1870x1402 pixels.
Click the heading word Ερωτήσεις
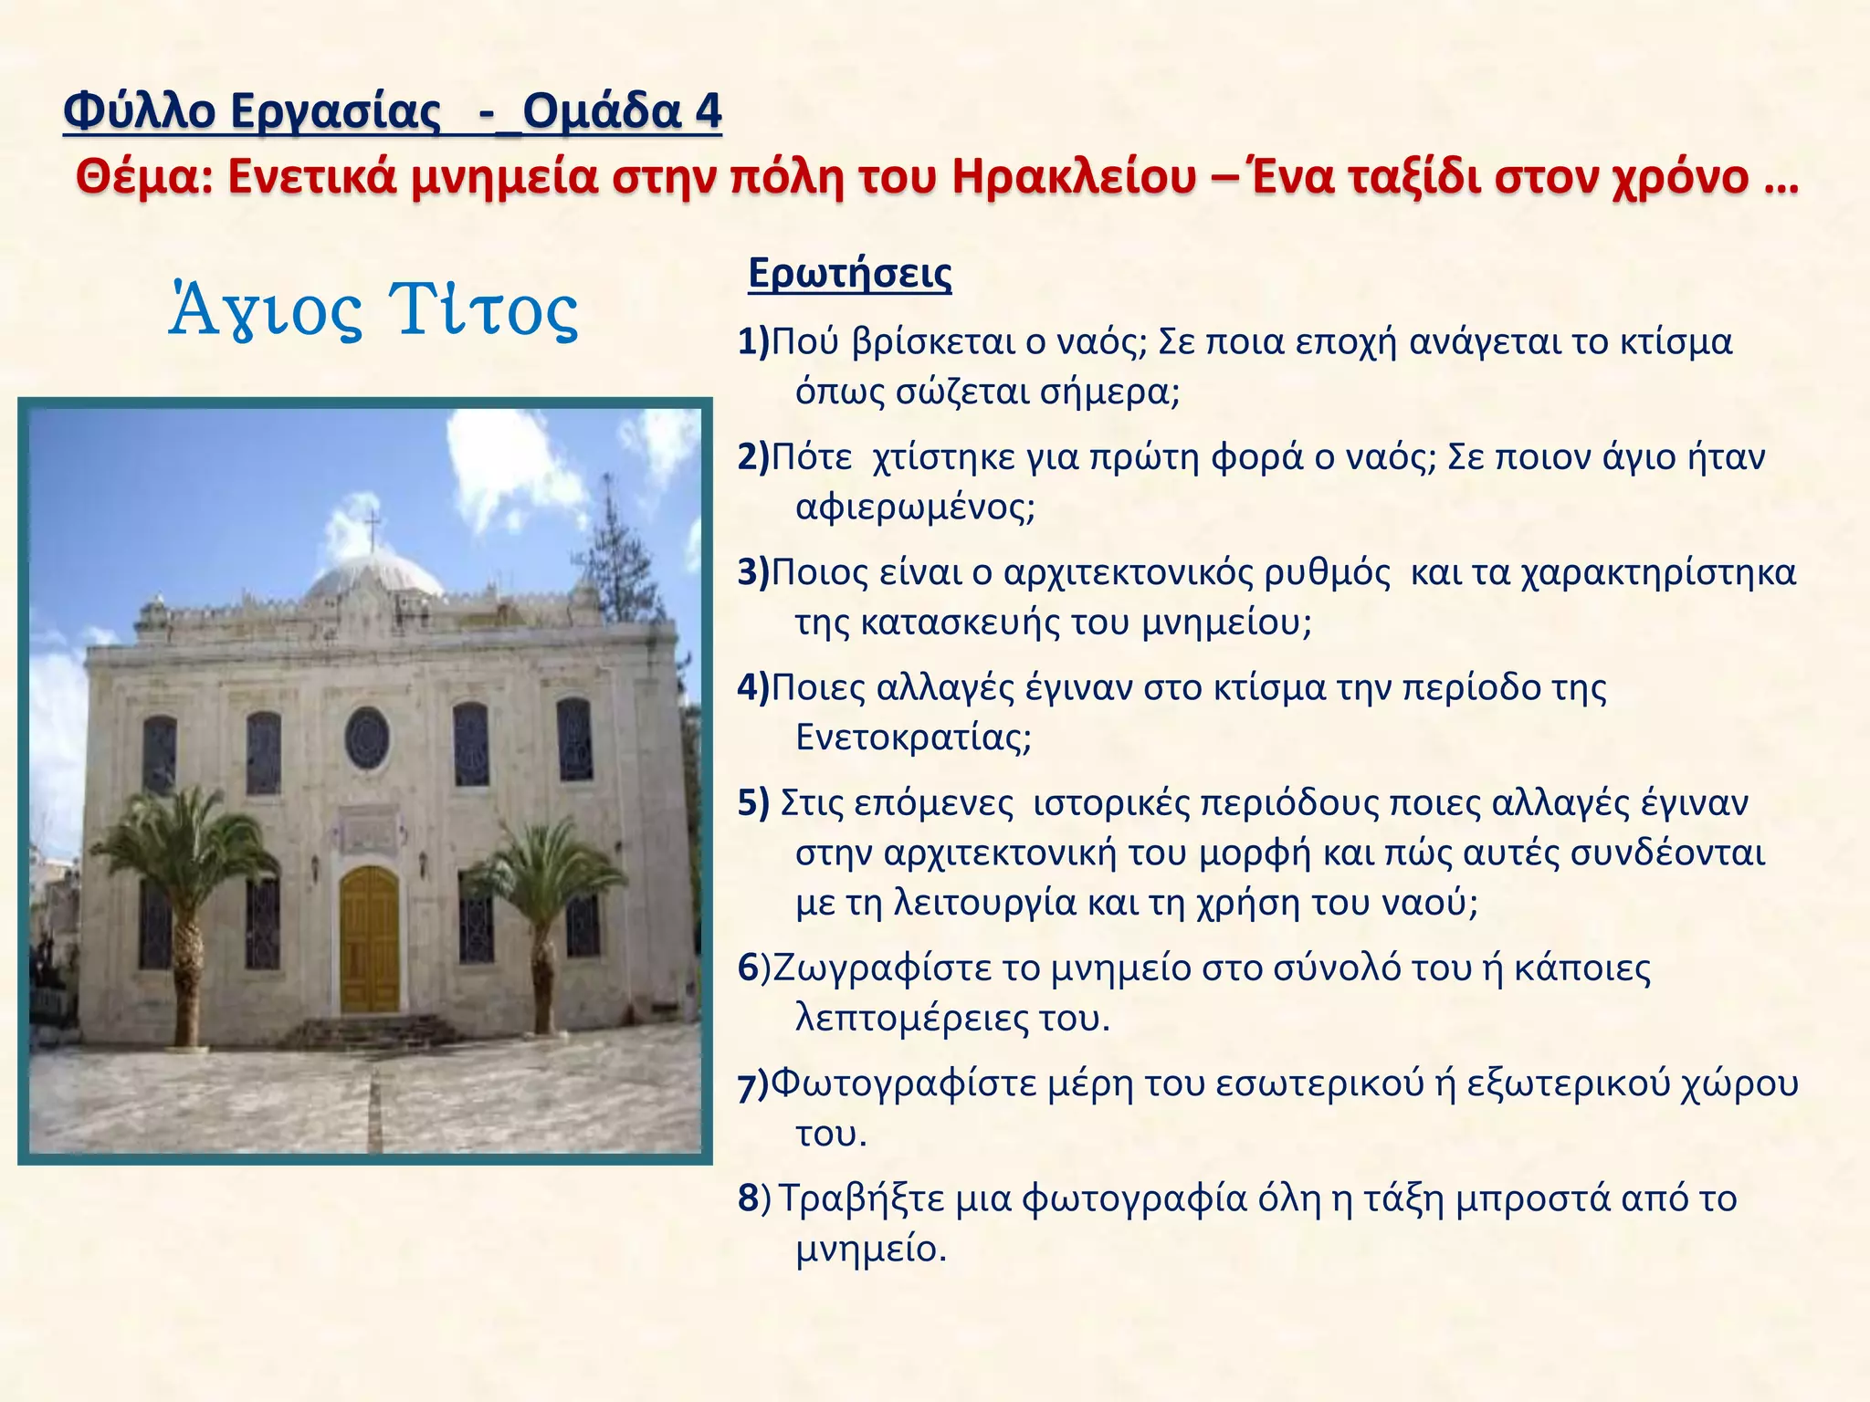849,274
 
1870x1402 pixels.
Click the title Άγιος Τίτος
373,310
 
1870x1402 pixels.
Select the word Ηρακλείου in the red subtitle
1073,176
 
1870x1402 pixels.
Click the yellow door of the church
370,940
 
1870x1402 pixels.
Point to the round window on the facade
367,738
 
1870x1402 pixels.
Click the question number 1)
753,342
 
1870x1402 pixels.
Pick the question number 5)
753,803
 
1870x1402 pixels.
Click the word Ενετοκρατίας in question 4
913,737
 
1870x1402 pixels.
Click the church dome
374,575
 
